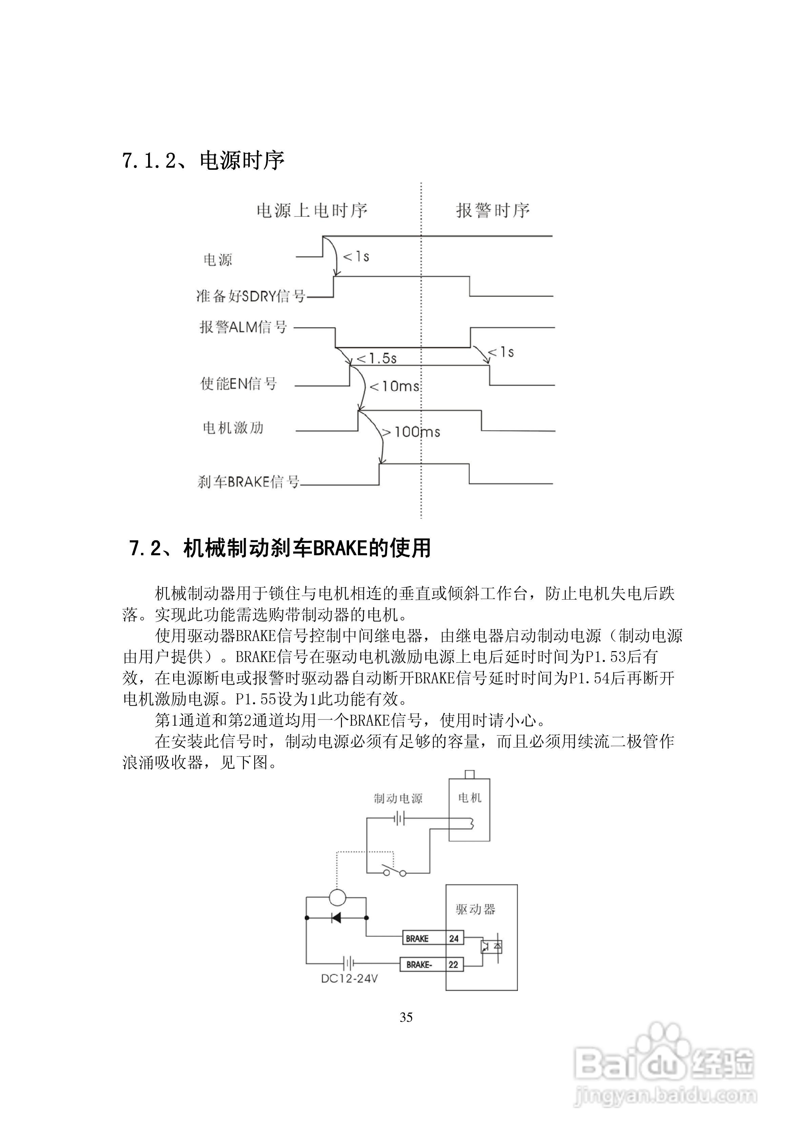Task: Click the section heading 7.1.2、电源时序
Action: (203, 161)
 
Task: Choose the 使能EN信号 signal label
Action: (238, 383)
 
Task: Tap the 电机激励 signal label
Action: (233, 428)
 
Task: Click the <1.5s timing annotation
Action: (377, 358)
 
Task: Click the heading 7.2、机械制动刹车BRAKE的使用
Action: (280, 548)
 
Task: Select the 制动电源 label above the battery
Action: (398, 798)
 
